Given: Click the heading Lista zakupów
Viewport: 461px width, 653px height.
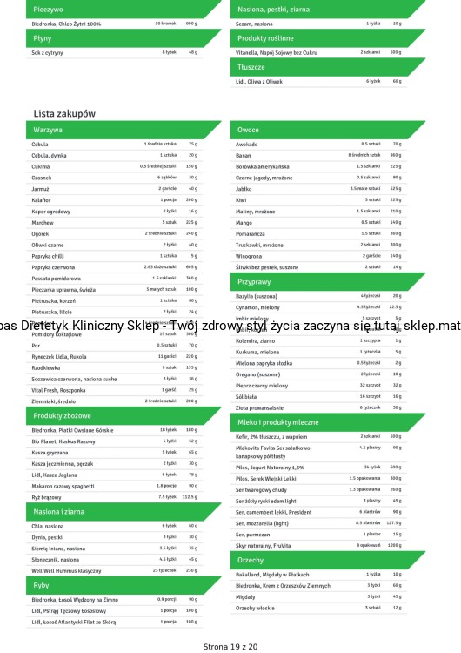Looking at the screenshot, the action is pos(64,114).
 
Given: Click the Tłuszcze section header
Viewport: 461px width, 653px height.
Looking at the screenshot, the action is pos(252,66).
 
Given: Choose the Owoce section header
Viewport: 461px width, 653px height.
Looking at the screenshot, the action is pos(248,129).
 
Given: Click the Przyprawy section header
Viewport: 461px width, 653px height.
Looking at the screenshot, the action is pos(255,283).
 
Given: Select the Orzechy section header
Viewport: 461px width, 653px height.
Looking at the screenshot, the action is pos(251,560).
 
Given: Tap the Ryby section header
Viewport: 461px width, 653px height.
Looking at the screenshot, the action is pos(41,586).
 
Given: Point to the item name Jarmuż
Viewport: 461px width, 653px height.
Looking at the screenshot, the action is pos(40,188).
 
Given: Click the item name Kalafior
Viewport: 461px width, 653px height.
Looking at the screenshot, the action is pos(41,199).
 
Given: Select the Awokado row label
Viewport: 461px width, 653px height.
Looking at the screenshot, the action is pos(246,144).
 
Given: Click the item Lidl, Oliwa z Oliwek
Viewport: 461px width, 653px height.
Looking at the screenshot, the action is pos(259,81).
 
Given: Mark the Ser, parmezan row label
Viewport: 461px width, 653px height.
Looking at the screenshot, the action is pos(253,534).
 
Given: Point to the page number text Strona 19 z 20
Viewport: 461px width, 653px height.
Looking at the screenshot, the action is pos(230,646).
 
